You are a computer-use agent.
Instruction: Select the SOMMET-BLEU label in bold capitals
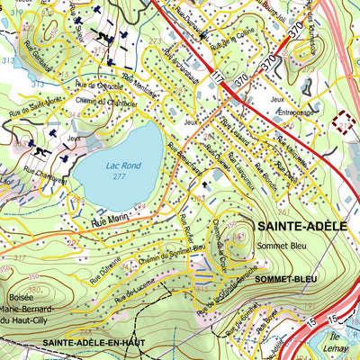point(285,280)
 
